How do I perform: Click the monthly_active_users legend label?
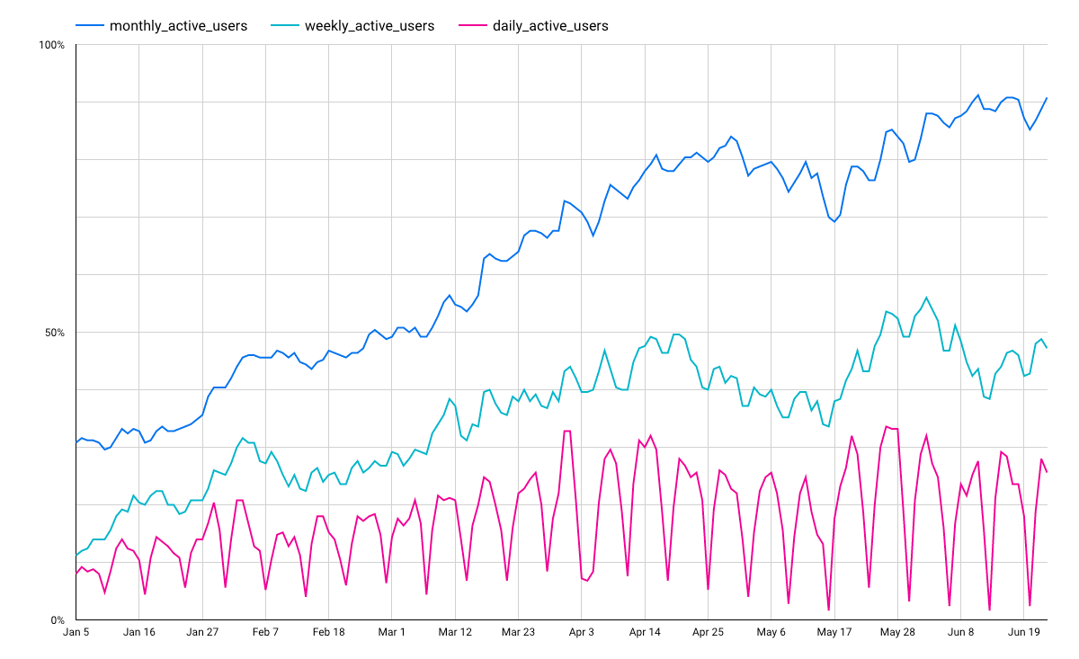[178, 26]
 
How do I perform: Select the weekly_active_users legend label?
[370, 26]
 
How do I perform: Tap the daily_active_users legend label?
[550, 26]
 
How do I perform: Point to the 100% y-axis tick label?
[52, 45]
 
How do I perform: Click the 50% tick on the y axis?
[55, 333]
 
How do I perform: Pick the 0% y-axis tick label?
[58, 620]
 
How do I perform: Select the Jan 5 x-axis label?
[76, 632]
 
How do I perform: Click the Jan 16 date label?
[139, 632]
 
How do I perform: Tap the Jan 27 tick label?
[203, 632]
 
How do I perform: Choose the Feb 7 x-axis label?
[266, 632]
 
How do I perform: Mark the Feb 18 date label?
[329, 632]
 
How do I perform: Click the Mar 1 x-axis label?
[392, 632]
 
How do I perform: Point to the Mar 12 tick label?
[455, 632]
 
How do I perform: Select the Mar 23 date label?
[518, 632]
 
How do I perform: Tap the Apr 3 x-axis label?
[582, 632]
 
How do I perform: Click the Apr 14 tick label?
[645, 632]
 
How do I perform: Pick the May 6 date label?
[771, 632]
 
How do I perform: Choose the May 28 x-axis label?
[897, 632]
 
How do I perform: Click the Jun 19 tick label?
[1023, 632]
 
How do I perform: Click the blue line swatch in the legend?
[89, 26]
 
